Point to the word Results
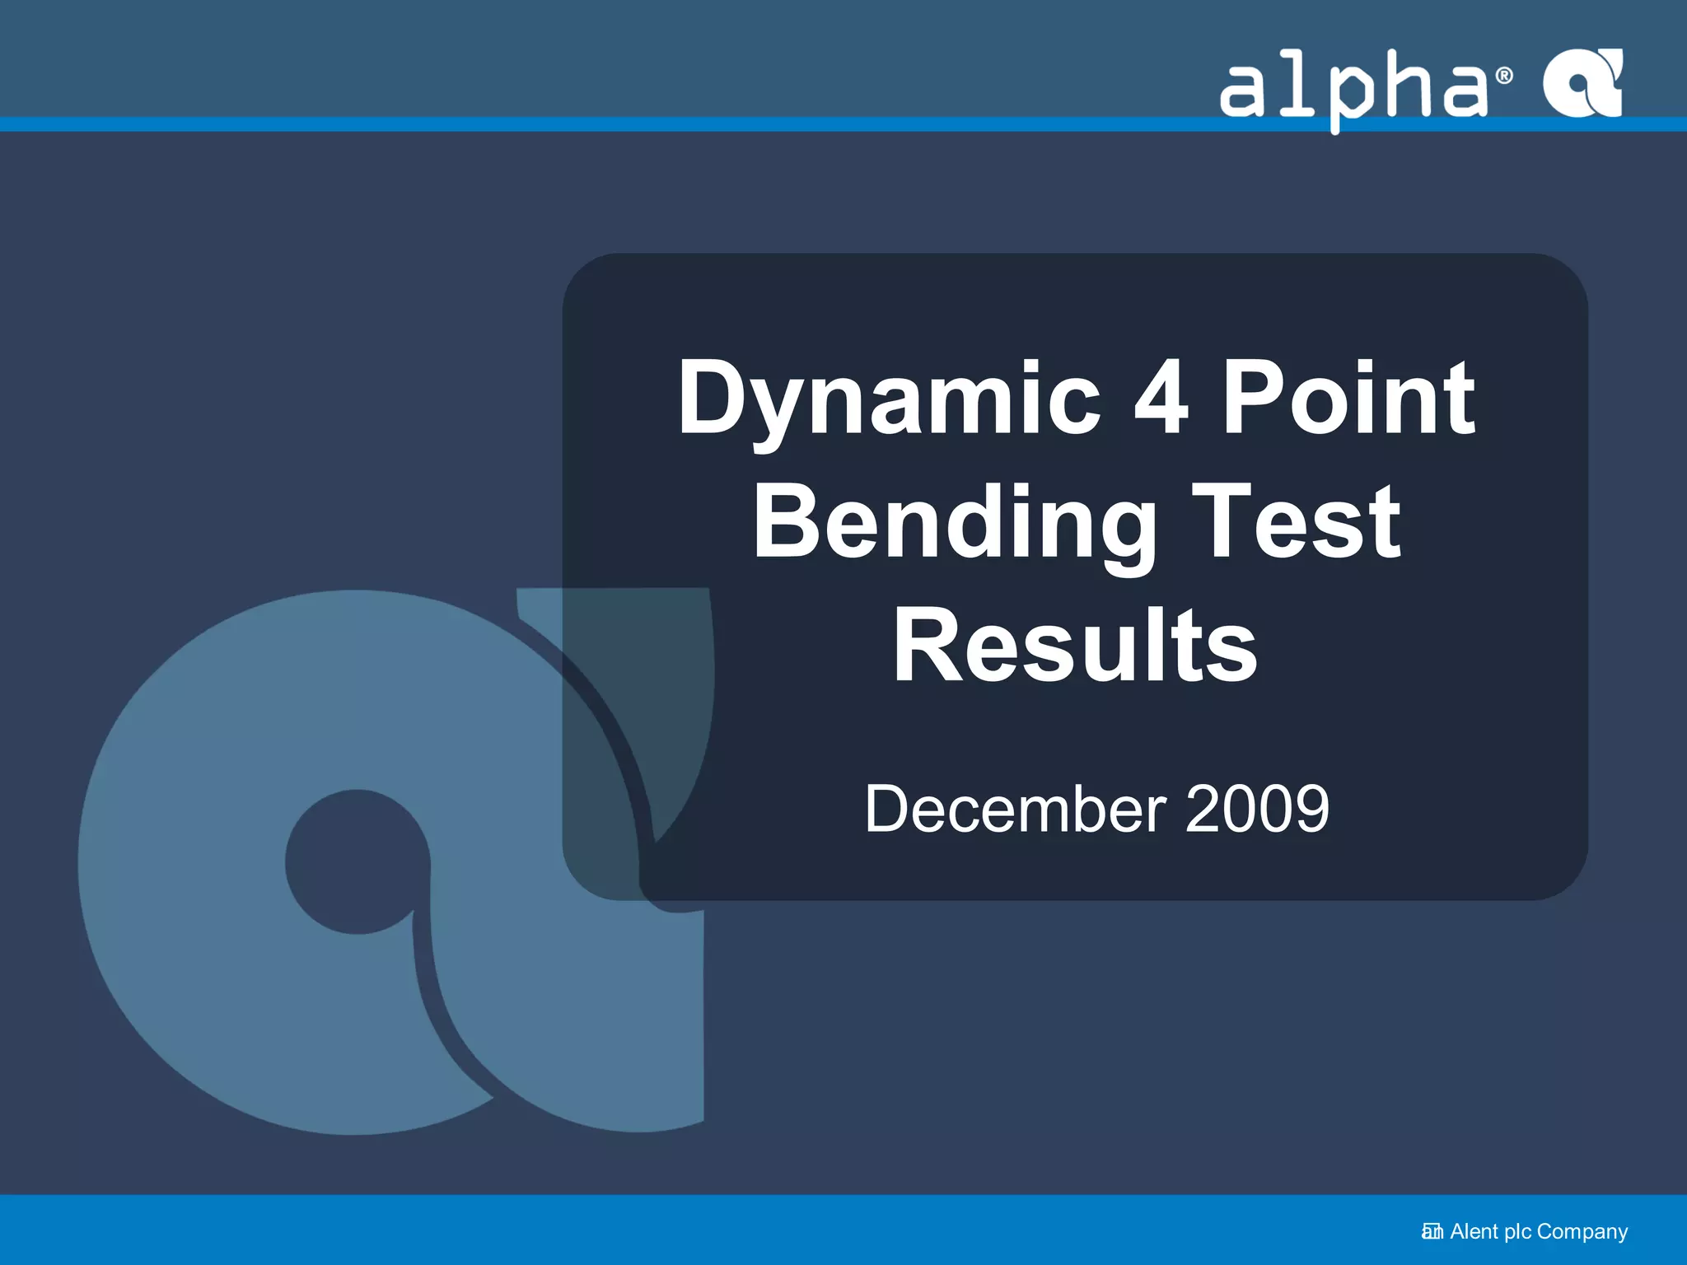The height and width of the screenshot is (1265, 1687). (x=1075, y=645)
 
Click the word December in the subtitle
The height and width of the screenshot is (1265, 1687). (x=1016, y=809)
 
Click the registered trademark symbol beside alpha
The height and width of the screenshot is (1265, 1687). (x=1504, y=76)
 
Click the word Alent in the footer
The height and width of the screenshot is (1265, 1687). (x=1474, y=1231)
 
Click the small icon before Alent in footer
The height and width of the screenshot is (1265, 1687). (x=1432, y=1232)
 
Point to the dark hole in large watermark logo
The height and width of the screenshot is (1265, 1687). (x=357, y=861)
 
